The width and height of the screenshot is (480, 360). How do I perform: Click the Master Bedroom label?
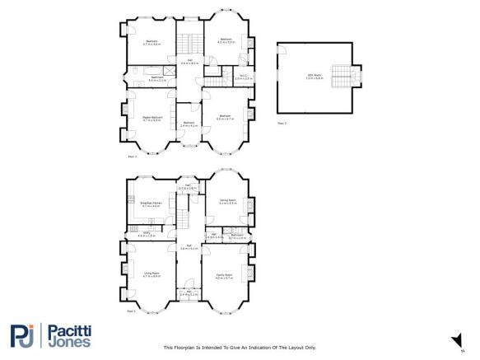pyautogui.click(x=151, y=119)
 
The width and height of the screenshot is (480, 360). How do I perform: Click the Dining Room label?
pyautogui.click(x=227, y=201)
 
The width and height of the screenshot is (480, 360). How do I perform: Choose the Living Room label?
pyautogui.click(x=151, y=275)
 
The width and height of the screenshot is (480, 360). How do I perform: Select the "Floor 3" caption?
pyautogui.click(x=282, y=122)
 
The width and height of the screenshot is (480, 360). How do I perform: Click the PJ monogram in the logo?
pyautogui.click(x=24, y=335)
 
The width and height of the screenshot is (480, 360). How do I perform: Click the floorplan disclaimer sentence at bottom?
pyautogui.click(x=240, y=348)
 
